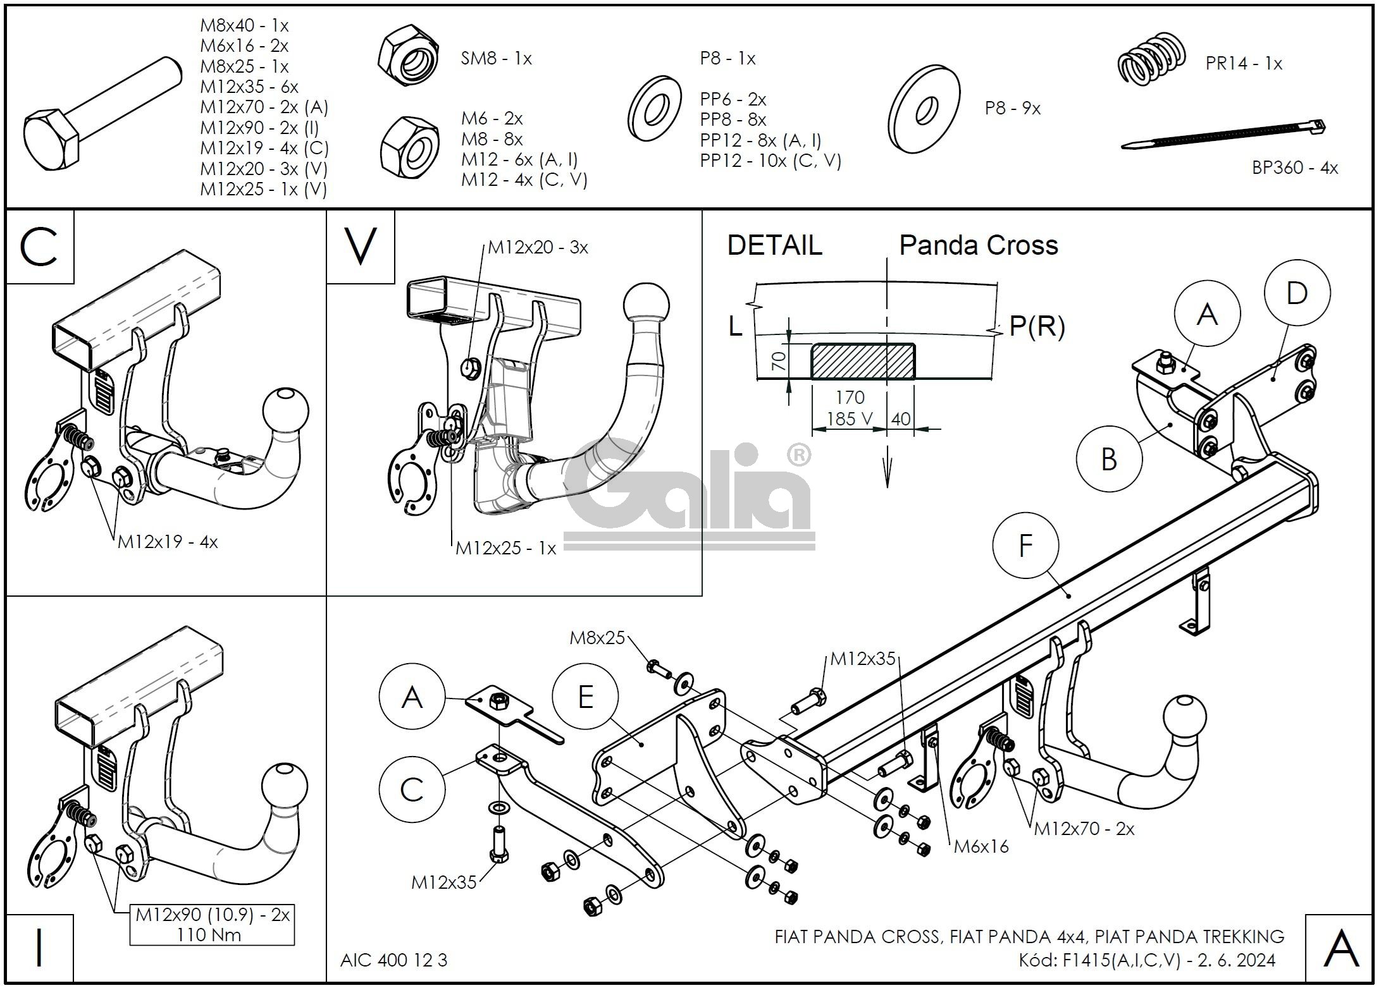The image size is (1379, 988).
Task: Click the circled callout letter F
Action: coord(1026,546)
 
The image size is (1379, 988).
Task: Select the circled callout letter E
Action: coord(585,697)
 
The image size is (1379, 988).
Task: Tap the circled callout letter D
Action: coord(1297,293)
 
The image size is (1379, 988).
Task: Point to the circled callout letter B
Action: coord(1109,459)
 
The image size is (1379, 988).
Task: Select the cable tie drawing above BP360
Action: coord(1224,137)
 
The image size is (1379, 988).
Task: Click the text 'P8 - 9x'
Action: coord(1012,109)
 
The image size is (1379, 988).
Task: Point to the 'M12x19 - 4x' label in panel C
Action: coord(168,542)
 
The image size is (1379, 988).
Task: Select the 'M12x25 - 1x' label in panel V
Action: coord(505,548)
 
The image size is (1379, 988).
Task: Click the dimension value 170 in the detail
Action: coord(850,398)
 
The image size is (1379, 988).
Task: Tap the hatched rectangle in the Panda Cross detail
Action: coord(863,361)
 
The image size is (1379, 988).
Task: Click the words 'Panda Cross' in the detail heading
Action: coord(978,245)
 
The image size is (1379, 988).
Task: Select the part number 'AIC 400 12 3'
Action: coord(393,960)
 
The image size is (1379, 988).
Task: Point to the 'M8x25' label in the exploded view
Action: coord(597,637)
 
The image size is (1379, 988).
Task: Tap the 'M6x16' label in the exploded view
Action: coord(981,846)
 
